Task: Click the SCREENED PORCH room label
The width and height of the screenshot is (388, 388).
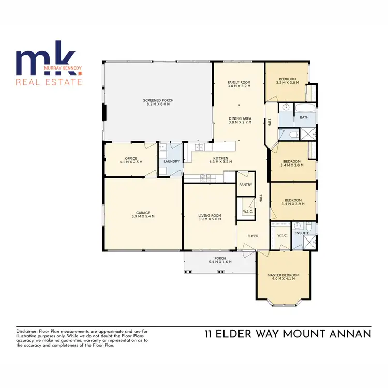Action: pyautogui.click(x=158, y=100)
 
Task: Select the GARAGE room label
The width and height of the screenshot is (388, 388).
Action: pyautogui.click(x=143, y=213)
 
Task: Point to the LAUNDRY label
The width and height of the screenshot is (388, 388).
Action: pyautogui.click(x=171, y=162)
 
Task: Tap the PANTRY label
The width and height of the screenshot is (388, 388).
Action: pyautogui.click(x=245, y=184)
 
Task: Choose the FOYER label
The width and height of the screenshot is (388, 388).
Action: pyautogui.click(x=252, y=236)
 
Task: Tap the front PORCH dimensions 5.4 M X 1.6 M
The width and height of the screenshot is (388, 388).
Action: pyautogui.click(x=220, y=262)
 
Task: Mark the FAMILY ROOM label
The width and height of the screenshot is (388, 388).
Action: pyautogui.click(x=239, y=82)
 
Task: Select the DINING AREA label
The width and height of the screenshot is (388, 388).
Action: pyautogui.click(x=240, y=118)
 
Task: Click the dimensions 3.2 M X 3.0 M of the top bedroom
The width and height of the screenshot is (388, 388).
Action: pyautogui.click(x=288, y=83)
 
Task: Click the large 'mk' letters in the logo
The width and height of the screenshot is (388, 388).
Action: pyautogui.click(x=46, y=59)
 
